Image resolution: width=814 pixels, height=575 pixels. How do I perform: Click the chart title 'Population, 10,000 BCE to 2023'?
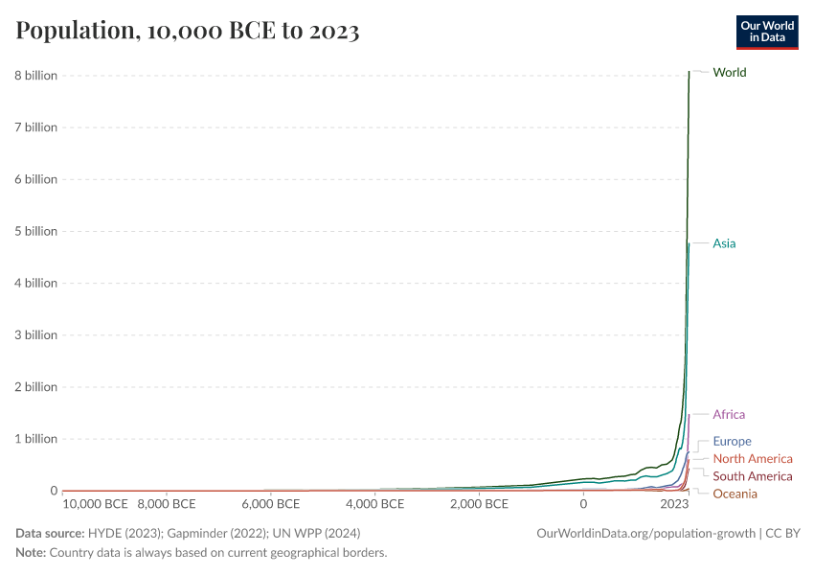pos(188,31)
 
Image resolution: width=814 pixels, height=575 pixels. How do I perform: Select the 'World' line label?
pos(729,73)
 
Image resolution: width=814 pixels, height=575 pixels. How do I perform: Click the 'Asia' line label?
pos(724,243)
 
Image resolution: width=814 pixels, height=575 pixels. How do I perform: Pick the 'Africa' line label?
pos(729,415)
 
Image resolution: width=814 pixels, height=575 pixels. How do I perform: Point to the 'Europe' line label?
pos(732,442)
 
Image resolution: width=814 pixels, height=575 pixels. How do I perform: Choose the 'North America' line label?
pos(753,459)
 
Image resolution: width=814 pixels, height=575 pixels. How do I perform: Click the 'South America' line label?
pos(753,476)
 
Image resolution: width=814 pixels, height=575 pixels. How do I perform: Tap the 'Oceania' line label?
pos(735,494)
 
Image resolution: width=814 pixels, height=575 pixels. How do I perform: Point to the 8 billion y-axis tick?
pos(34,76)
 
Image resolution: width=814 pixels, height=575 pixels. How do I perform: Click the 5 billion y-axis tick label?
pos(34,231)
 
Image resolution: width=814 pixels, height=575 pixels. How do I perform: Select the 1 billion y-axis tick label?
pos(34,439)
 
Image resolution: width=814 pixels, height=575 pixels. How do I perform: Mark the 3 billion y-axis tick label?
pos(34,335)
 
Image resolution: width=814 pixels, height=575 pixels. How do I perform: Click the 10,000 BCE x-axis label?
pos(95,504)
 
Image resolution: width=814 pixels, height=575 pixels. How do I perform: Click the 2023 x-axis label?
pos(674,504)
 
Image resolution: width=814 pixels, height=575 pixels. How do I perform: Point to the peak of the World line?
pos(690,72)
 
